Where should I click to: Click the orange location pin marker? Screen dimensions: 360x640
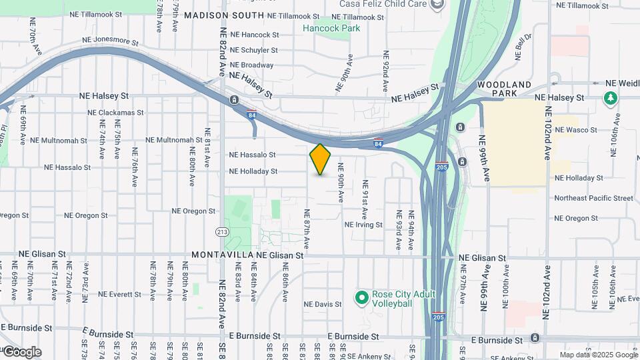pos(321,159)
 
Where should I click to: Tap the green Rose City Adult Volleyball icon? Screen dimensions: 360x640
pos(362,297)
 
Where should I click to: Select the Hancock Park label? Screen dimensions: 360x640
pos(331,28)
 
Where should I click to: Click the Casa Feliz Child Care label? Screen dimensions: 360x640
pos(383,4)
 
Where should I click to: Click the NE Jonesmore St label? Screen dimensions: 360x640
pos(110,41)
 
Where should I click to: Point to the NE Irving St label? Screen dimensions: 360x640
pos(363,225)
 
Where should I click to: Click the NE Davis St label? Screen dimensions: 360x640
pos(323,304)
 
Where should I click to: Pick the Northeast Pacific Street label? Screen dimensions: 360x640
pos(593,198)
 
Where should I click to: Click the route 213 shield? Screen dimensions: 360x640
pos(221,231)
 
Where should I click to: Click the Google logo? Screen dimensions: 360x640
pos(21,352)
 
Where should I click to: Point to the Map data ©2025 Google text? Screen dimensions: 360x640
pos(599,355)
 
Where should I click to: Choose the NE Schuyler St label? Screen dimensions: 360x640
pos(253,50)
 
